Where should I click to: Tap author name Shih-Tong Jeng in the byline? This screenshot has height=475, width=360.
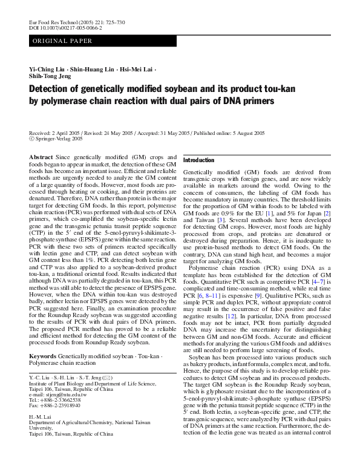(x=50, y=77)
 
